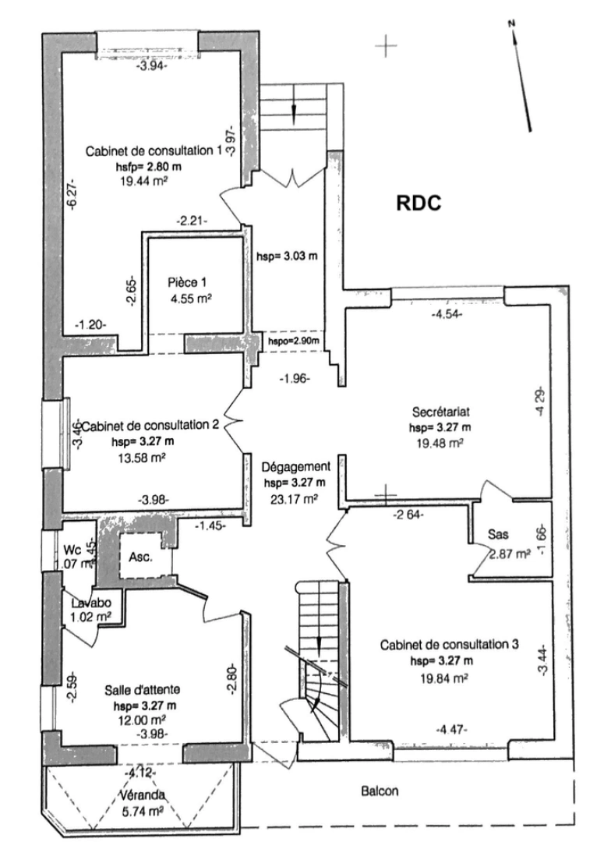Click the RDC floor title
[419, 203]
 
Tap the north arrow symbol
[521, 74]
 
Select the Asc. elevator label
[140, 558]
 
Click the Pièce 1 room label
[188, 282]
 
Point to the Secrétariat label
[440, 412]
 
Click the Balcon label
[380, 791]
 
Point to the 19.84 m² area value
[442, 677]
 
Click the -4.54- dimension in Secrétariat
[447, 314]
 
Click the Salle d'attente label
[143, 689]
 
